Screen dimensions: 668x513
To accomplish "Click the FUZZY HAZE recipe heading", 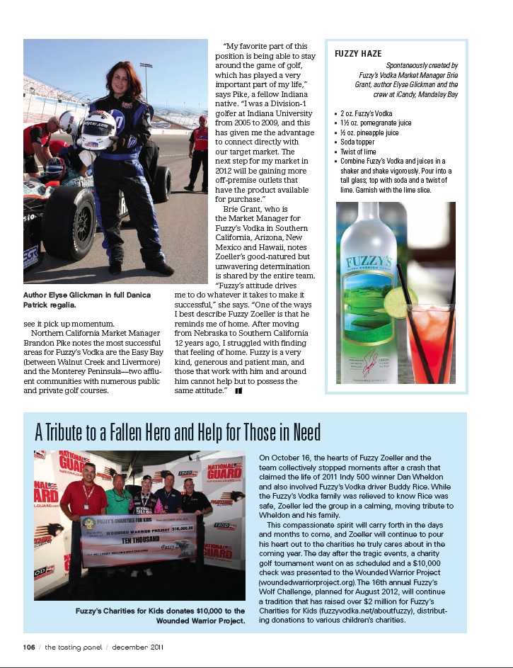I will point(358,54).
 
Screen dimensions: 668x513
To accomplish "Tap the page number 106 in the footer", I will point(28,646).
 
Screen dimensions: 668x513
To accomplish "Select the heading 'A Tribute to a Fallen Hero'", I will point(177,431).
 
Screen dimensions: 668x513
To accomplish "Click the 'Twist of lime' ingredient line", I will point(358,152).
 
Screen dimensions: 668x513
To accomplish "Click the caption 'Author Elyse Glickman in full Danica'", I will point(96,294).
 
